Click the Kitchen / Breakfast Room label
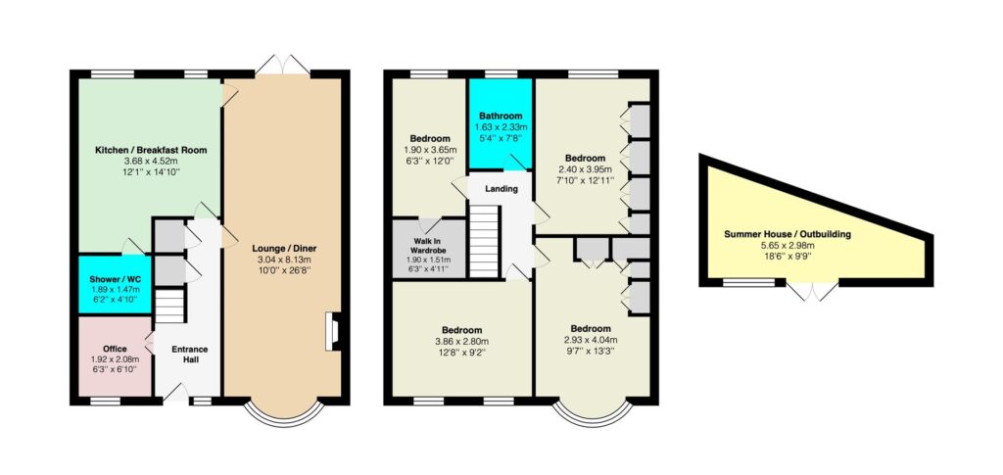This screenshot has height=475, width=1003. (x=151, y=150)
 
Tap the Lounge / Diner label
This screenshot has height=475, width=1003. (x=284, y=249)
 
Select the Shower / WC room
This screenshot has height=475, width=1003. (x=115, y=284)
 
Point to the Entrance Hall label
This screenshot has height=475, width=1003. (x=189, y=355)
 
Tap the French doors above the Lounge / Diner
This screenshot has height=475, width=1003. (x=283, y=65)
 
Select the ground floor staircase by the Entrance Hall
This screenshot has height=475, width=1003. (x=170, y=306)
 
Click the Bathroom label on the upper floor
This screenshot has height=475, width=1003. (x=501, y=117)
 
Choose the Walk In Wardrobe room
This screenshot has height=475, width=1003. (x=429, y=249)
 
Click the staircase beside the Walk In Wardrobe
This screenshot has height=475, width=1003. (x=484, y=240)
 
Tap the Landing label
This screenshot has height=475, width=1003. (x=501, y=189)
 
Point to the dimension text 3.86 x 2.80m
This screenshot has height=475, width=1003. (x=462, y=342)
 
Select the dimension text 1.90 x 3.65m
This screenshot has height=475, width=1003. (x=429, y=150)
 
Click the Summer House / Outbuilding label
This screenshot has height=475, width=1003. (x=788, y=235)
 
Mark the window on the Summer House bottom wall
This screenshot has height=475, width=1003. (x=748, y=282)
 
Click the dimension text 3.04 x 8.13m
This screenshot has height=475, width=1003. (x=284, y=261)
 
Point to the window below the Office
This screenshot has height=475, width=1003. (x=105, y=401)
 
